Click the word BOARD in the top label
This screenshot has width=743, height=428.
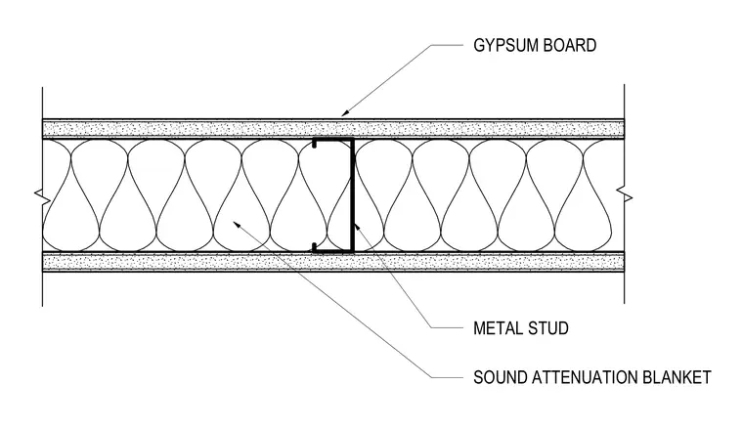coord(570,46)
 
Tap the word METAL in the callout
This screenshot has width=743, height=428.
coord(497,328)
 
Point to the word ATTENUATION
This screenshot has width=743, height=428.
coord(585,377)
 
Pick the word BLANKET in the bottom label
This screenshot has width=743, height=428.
coord(677,377)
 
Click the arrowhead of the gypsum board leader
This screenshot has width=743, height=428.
coord(346,112)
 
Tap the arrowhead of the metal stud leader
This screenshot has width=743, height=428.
coord(356,227)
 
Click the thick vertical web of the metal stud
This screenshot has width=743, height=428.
coord(353,195)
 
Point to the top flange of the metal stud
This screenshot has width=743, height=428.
coord(333,139)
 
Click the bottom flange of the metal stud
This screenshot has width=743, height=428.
coord(333,251)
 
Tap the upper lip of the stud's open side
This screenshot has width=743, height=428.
coord(314,144)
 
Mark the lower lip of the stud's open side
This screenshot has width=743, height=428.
coord(314,246)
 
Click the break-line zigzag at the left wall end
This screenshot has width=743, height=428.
coord(44,196)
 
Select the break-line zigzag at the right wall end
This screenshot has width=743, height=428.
coord(624,195)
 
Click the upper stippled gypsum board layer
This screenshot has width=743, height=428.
coord(333,129)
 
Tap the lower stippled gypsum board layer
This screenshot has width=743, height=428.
coord(333,262)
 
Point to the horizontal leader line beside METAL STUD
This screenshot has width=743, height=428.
coord(448,327)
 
